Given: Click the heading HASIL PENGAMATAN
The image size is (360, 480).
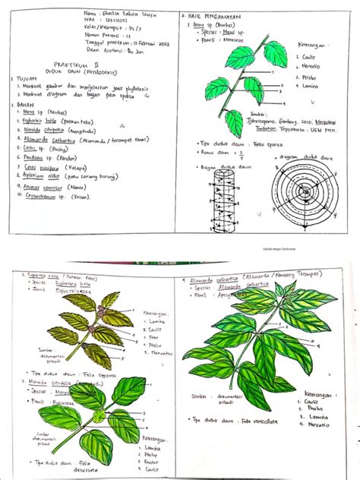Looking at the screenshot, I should [x=220, y=15].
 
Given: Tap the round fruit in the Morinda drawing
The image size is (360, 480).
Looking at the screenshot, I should [x=97, y=417].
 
